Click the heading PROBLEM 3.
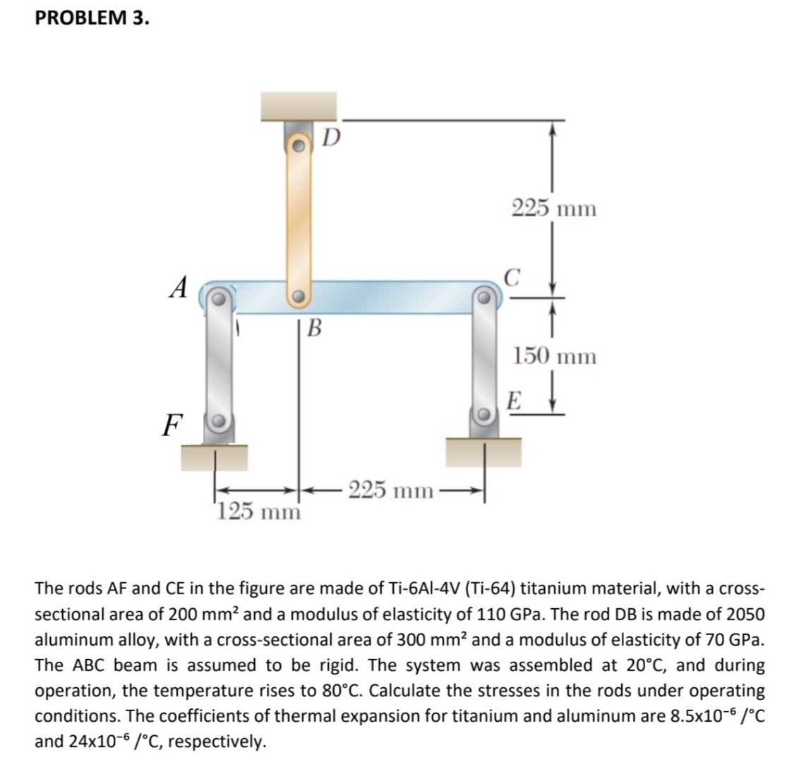click(x=92, y=18)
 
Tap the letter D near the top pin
click(x=331, y=135)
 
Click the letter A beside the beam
click(x=181, y=287)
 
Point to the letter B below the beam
click(x=316, y=327)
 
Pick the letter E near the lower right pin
click(x=515, y=403)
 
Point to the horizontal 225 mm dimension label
click(x=390, y=490)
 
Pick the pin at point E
click(x=484, y=414)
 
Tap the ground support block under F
click(x=215, y=457)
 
